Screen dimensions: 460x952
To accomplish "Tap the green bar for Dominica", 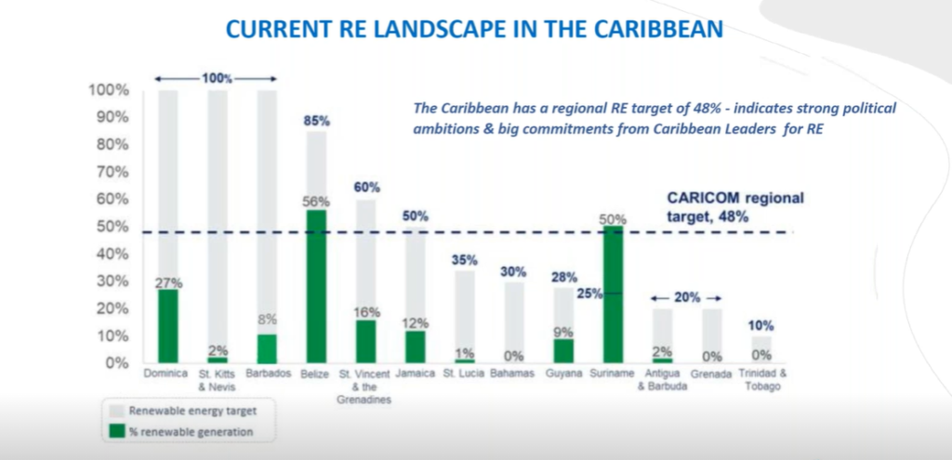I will [x=167, y=325].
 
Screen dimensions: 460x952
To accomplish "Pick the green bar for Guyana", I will [x=563, y=350].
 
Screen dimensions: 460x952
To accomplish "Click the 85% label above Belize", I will [x=316, y=121].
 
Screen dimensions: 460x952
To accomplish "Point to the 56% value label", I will [x=316, y=201].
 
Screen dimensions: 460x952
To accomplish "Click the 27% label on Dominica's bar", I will [x=167, y=281].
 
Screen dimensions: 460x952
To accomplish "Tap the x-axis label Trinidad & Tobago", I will [x=760, y=380].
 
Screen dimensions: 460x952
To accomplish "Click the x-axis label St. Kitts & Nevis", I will [x=217, y=380].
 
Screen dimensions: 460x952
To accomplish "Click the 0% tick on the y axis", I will [x=113, y=362].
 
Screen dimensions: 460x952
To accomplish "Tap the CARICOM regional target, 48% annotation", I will [x=735, y=206].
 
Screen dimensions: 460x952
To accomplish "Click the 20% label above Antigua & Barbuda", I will [x=686, y=297].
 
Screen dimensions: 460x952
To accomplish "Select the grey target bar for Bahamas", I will [x=513, y=322].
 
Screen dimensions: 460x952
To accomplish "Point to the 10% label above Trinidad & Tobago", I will [x=760, y=326].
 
